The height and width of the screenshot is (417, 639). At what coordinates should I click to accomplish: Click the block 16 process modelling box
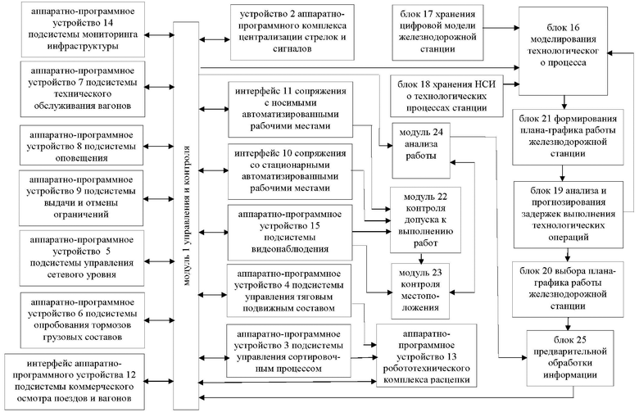coord(563,51)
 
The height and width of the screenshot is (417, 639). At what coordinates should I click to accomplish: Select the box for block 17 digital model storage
coord(438,33)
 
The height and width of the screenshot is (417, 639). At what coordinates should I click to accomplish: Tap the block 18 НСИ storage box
coord(446,96)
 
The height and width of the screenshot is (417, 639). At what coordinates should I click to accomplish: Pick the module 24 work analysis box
coord(421,151)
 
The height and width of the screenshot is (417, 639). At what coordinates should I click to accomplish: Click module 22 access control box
coord(425,220)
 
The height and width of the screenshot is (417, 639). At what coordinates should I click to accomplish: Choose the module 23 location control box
coord(420,291)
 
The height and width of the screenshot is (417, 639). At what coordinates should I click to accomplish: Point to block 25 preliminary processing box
coord(569,358)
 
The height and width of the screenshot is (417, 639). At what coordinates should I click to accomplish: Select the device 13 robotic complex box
coord(426,356)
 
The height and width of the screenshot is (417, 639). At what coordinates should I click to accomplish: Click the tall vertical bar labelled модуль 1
coord(186,215)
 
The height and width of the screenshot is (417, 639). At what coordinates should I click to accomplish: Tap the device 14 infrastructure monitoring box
coord(83,29)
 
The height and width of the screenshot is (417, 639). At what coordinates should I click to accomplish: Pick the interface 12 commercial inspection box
coord(75,382)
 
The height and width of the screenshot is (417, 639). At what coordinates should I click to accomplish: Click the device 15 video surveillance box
coord(290,233)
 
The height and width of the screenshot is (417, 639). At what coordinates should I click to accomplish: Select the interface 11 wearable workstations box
coord(290,109)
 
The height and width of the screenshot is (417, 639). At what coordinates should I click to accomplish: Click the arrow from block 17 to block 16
coord(501,28)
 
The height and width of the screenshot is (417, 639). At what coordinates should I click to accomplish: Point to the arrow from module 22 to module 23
coord(421,258)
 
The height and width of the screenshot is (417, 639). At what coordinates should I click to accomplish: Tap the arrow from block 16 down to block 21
coord(564,102)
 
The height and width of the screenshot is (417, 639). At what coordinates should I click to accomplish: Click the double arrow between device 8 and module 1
coord(159,146)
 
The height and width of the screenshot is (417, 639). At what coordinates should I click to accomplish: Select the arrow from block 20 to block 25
coord(568,324)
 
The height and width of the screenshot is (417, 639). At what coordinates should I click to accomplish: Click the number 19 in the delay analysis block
coord(558,191)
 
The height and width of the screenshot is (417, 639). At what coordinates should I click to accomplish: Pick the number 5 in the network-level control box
coord(108,252)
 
